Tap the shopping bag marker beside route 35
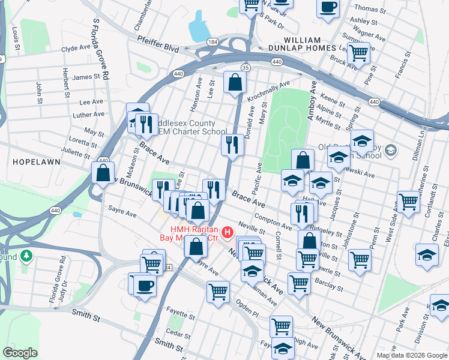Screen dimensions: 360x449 pos(235,83)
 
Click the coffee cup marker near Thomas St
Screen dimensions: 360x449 pos(327,8)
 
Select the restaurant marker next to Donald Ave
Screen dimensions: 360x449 pos(232,145)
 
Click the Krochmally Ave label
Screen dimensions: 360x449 pos(271,88)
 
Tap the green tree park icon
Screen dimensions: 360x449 pos(26,256)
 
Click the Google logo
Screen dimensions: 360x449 pos(20,353)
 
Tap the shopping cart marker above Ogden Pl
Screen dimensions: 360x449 pos(218,292)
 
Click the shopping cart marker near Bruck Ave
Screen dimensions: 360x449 pos(358,53)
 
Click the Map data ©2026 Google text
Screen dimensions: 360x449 pos(412,355)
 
